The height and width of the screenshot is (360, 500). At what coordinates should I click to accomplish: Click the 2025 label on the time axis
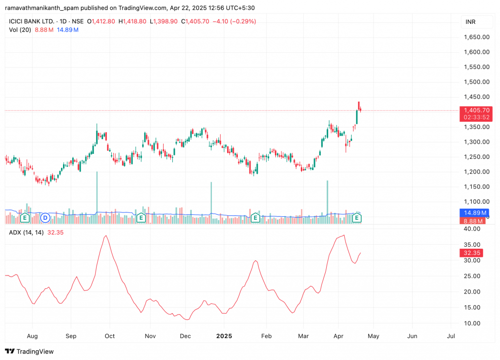pos(224,337)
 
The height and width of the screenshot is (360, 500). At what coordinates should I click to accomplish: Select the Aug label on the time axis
pos(32,337)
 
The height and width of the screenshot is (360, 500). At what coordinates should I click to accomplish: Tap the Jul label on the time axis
pos(451,337)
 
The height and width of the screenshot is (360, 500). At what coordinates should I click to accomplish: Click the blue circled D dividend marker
pos(45,217)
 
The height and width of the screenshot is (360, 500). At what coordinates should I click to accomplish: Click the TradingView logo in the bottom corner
pos(30,351)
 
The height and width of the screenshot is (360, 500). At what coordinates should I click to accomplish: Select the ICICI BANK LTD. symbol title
pos(31,21)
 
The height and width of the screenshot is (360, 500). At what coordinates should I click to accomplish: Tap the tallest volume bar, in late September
pos(97,195)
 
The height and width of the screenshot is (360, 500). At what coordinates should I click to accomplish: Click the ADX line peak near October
pos(106,236)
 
